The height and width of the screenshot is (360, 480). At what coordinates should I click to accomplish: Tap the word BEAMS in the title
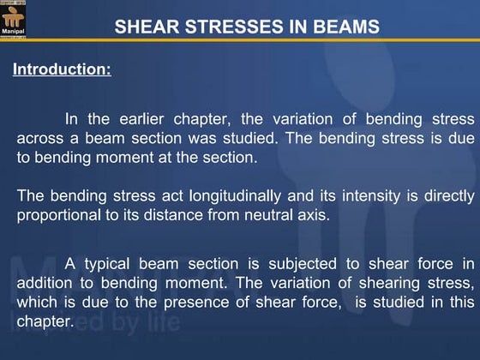(343, 27)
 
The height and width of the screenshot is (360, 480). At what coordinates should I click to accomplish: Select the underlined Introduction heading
(62, 69)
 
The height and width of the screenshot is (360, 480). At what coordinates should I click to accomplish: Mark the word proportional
(58, 214)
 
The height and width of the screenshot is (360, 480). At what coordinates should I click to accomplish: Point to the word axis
(310, 214)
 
